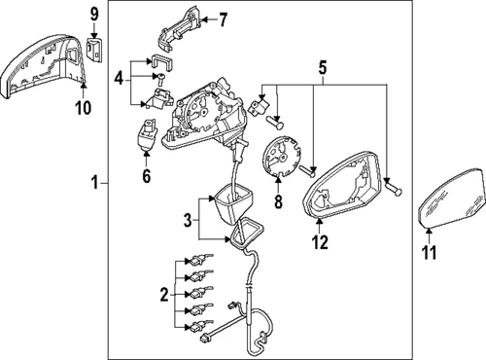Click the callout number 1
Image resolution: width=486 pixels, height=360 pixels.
pos(95,182)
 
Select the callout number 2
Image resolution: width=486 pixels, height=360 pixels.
pos(163,294)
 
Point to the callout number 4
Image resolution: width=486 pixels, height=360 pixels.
pos(119,77)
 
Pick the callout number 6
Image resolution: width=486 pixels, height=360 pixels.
pos(148,176)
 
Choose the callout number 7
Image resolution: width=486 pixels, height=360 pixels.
pos(223,18)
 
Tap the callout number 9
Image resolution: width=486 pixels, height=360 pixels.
pos(94,14)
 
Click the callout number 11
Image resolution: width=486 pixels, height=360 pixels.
pos(430,254)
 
